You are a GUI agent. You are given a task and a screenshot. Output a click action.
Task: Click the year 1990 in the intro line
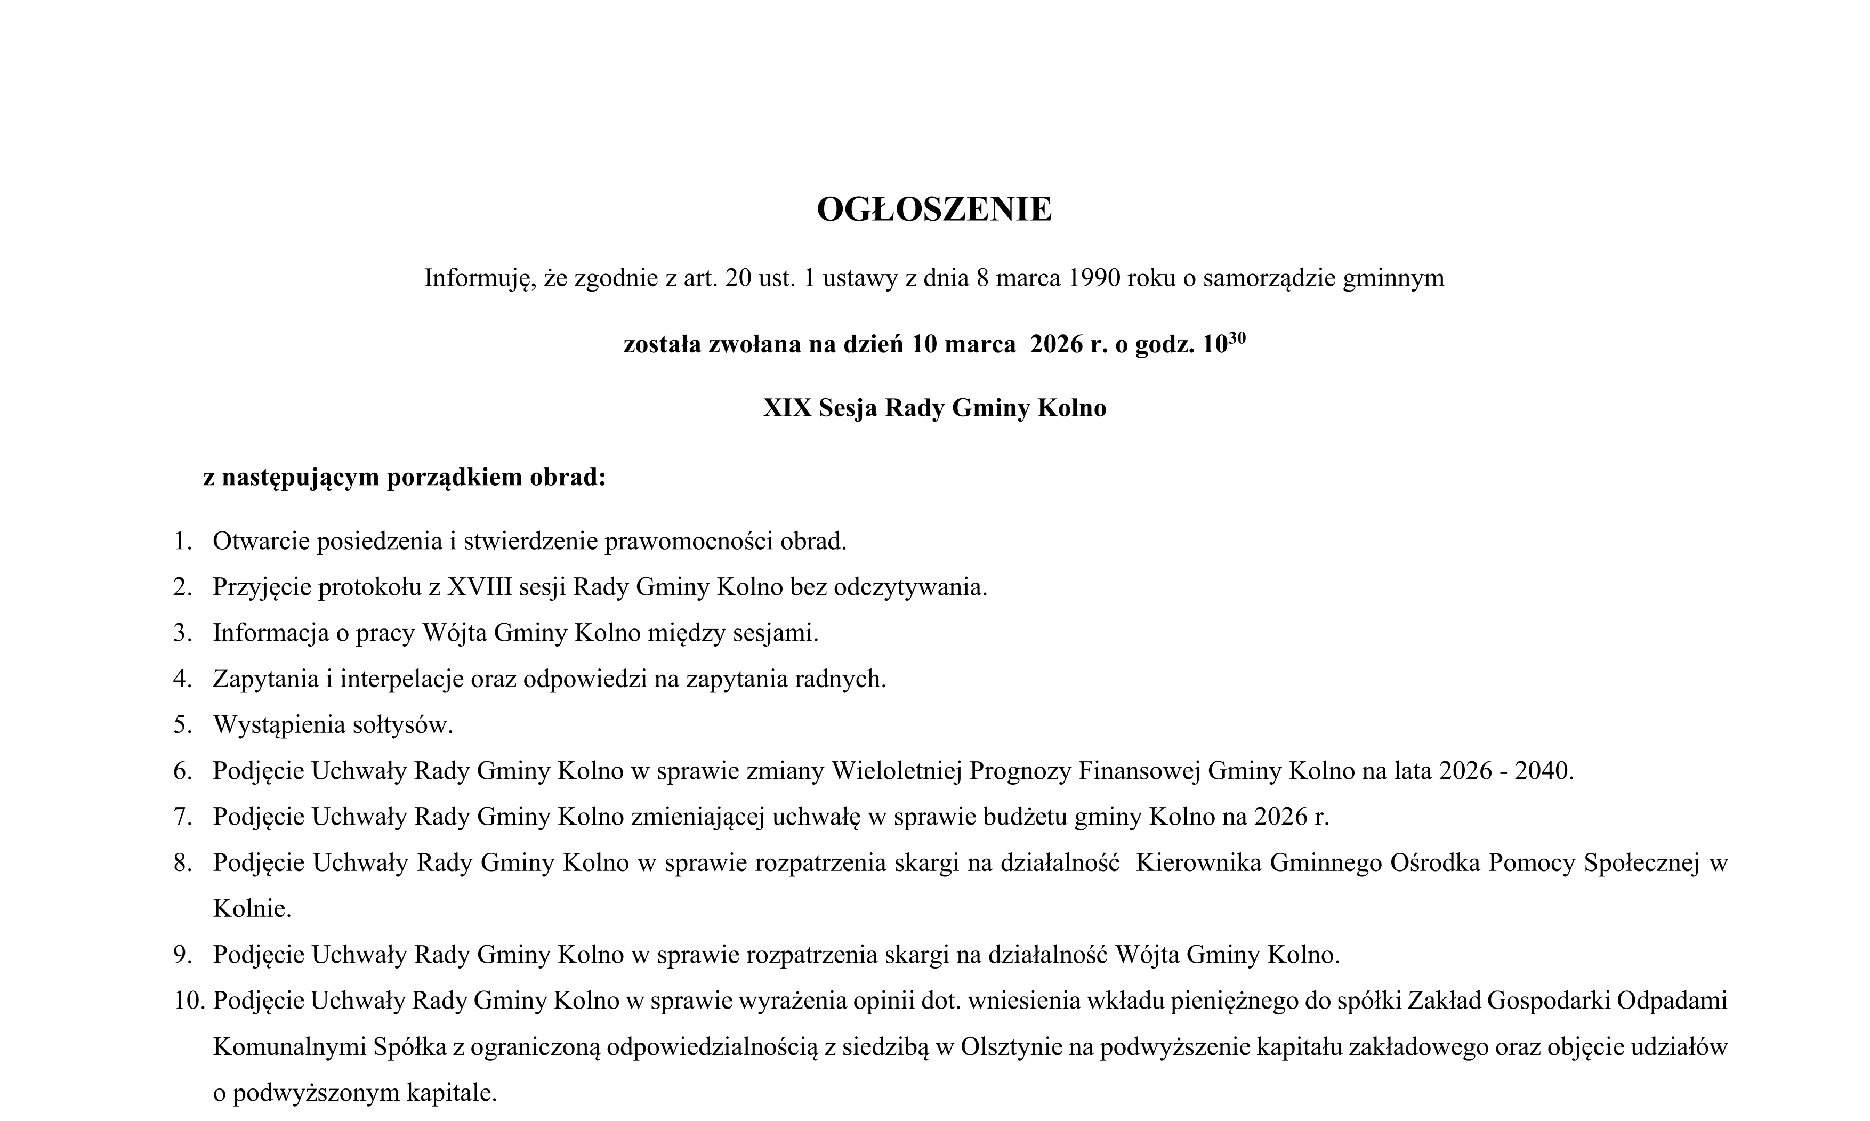(x=1094, y=278)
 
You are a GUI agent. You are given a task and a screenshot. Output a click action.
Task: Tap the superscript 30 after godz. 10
(x=1237, y=337)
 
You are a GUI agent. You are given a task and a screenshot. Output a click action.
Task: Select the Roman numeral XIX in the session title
(x=787, y=408)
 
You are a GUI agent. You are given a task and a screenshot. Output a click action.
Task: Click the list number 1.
(x=182, y=542)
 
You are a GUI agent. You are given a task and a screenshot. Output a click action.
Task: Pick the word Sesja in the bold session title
(x=848, y=408)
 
